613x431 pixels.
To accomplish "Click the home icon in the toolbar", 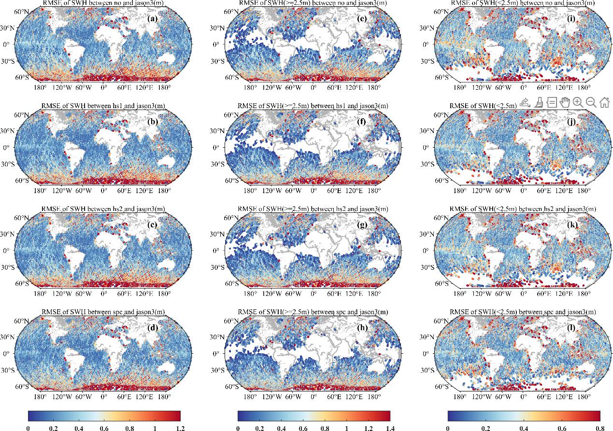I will coord(604,102).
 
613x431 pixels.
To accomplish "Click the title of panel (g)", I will coord(313,209).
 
